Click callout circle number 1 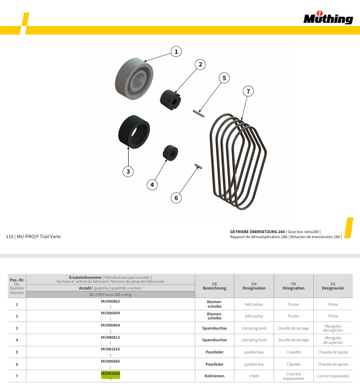point(176,51)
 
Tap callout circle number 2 point(201,64)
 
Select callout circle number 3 point(129,171)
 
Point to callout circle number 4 point(152,185)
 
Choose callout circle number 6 point(176,198)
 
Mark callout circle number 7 point(248,91)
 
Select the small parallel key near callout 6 point(199,166)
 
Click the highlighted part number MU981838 point(110,373)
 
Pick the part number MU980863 point(110,302)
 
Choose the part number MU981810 point(110,349)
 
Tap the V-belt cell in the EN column point(254,376)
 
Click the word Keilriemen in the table point(214,376)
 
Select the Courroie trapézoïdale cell point(293,376)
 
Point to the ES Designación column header point(333,286)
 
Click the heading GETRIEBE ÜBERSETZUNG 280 point(257,232)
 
